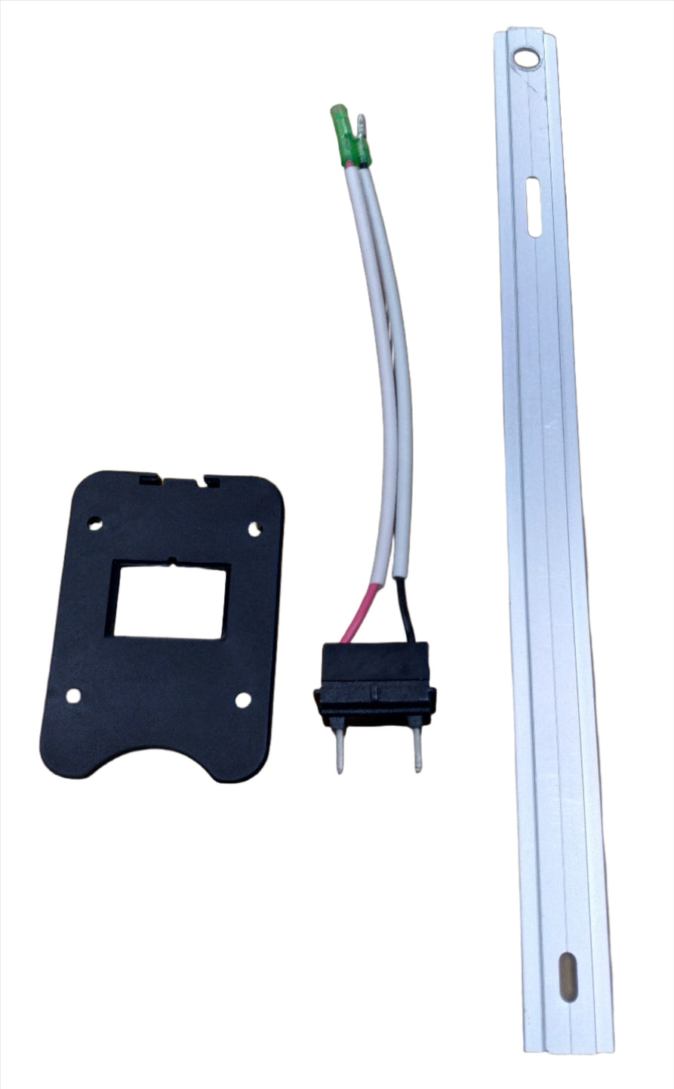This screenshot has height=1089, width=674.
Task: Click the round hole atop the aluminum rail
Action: (x=525, y=59)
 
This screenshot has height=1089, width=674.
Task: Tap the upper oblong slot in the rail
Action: (x=533, y=206)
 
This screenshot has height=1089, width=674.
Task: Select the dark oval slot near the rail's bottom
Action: (x=568, y=977)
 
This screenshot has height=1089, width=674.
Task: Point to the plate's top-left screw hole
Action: (x=95, y=521)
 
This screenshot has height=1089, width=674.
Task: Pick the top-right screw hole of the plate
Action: (x=254, y=529)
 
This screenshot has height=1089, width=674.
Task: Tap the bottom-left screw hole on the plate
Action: (x=74, y=696)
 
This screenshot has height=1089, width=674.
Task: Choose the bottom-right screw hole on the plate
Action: (x=242, y=700)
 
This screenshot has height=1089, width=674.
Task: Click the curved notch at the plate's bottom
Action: (x=150, y=763)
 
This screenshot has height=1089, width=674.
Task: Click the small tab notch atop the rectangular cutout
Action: (x=173, y=561)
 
